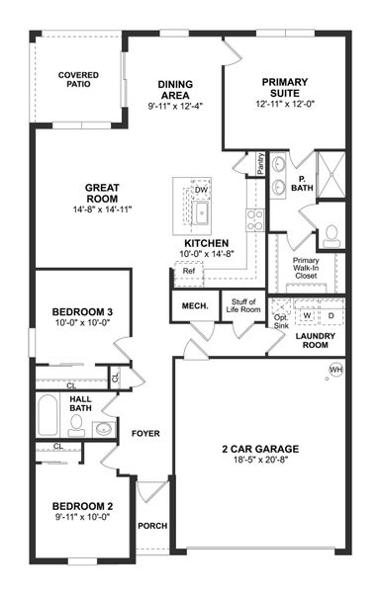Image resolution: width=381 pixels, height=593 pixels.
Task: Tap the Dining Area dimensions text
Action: pos(175,106)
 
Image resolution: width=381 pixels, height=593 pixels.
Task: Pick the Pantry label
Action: pos(260,161)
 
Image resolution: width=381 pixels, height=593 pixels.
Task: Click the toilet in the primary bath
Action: pos(332,234)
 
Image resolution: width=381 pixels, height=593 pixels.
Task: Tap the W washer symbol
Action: pos(308,316)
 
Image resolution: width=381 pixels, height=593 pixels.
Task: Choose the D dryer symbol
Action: pos(331,316)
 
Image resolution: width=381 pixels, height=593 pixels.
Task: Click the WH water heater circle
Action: pos(335,370)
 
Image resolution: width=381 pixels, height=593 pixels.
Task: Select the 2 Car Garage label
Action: pos(260,449)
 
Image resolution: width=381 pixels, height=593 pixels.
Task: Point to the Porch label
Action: pos(152,526)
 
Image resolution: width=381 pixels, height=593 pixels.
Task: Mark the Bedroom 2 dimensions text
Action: pos(83,517)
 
